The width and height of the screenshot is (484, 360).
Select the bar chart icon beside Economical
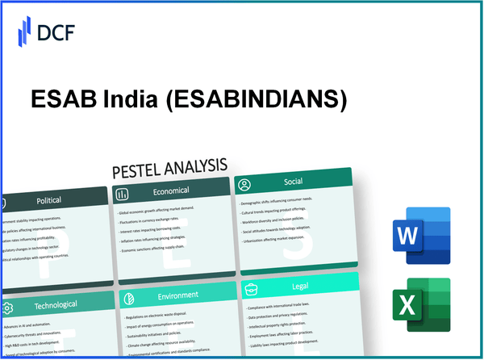123,194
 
